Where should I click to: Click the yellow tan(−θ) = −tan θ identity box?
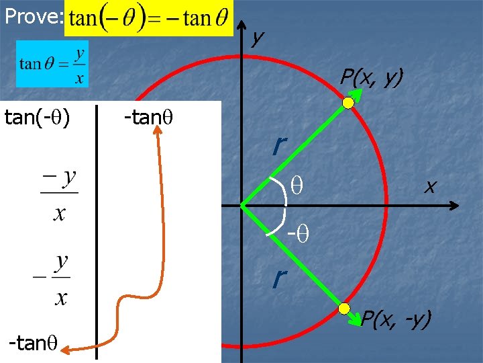pos(149,18)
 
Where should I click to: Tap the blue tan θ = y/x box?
pos(52,64)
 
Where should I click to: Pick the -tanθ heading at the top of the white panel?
pos(149,118)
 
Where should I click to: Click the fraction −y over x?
pos(59,195)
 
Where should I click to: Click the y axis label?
pos(256,38)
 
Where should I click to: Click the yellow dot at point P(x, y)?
pos(348,103)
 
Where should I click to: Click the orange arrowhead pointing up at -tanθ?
pos(160,132)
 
